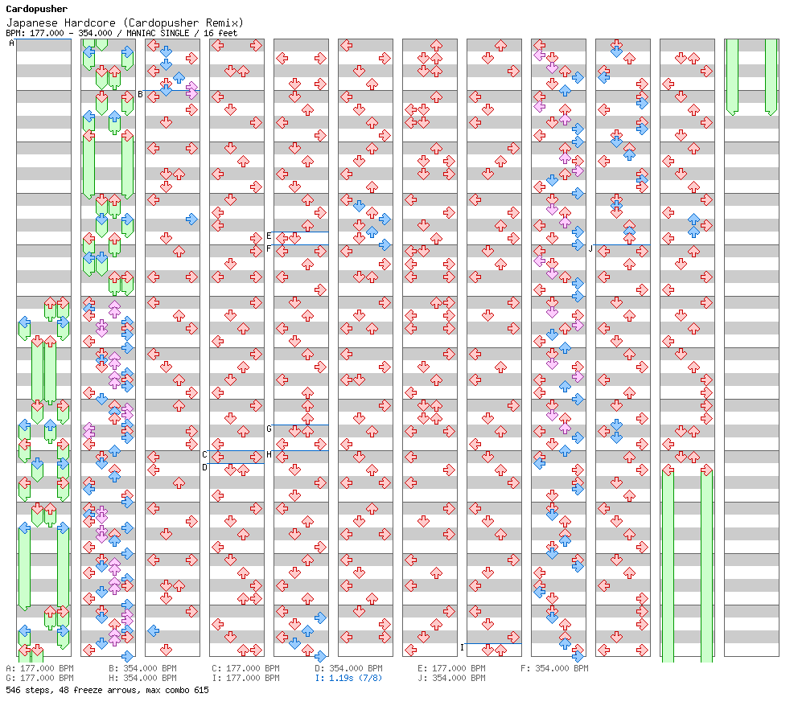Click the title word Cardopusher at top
[37, 9]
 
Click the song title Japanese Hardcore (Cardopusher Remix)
[125, 23]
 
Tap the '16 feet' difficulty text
[220, 33]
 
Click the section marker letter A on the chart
[12, 43]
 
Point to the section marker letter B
[141, 95]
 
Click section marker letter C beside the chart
[204, 454]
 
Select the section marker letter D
[204, 467]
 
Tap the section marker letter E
[269, 236]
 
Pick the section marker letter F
[269, 248]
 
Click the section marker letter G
[269, 429]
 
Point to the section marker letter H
[269, 454]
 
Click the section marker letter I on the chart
[462, 647]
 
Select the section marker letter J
[590, 248]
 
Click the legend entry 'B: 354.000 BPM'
[142, 668]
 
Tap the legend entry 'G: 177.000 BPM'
[39, 678]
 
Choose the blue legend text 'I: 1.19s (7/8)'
[348, 678]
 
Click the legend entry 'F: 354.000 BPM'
[554, 668]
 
